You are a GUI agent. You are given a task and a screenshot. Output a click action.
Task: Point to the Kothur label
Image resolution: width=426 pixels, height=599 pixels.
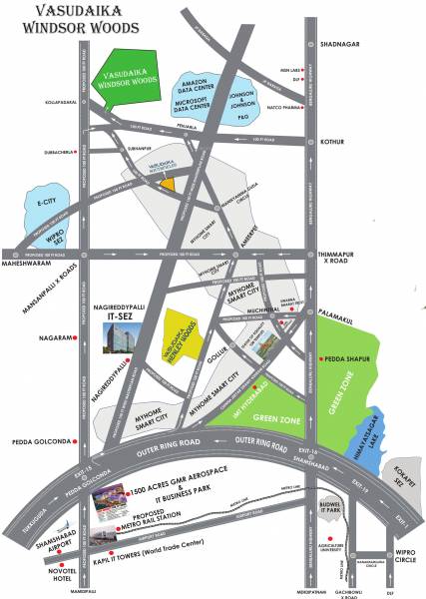(x=332, y=142)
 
